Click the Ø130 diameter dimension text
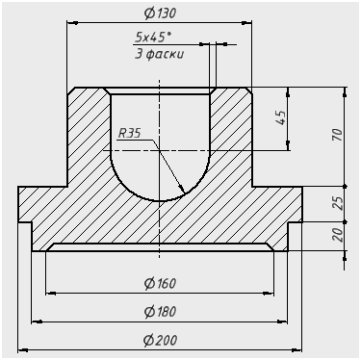point(160,13)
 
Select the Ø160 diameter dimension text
point(160,283)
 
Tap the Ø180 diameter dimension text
point(160,312)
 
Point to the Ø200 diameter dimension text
point(160,340)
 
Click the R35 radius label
point(129,133)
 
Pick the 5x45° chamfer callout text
point(153,38)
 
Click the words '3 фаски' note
point(159,54)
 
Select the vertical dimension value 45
point(280,117)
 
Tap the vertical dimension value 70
point(338,135)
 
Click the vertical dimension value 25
point(338,203)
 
